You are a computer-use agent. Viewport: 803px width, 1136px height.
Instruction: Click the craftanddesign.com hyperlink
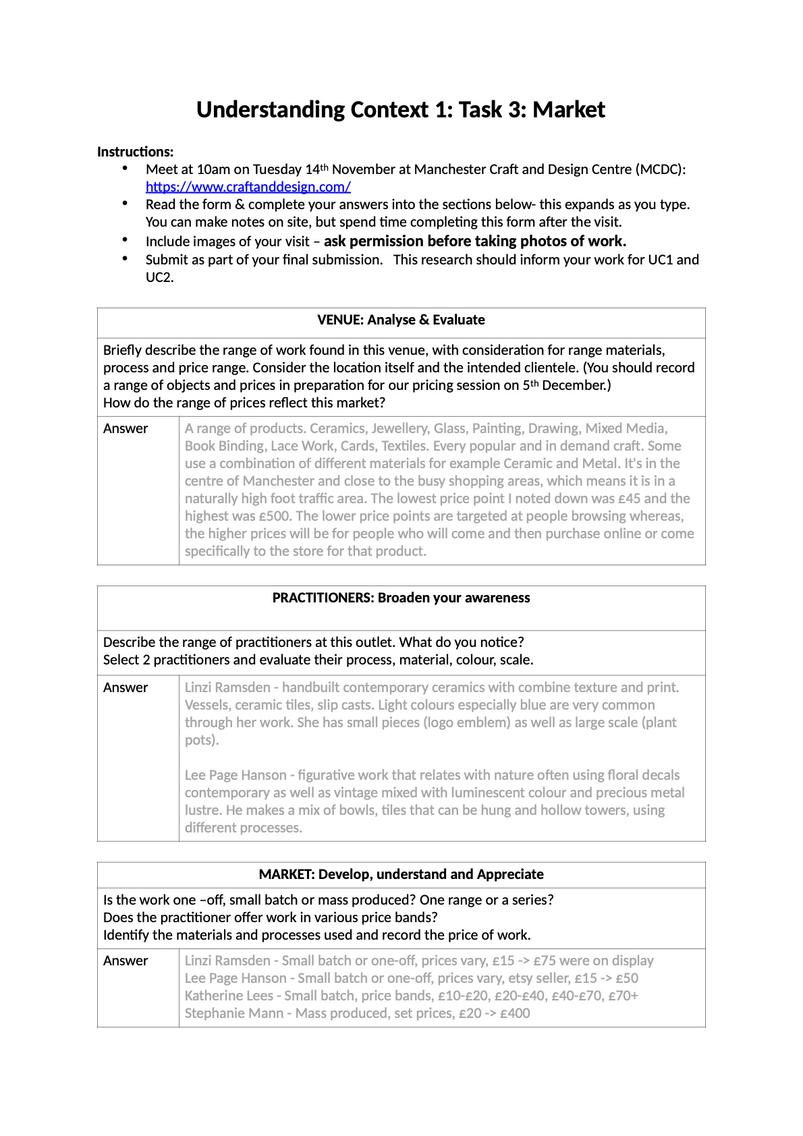point(248,187)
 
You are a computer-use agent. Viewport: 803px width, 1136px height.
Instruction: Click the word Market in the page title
point(568,109)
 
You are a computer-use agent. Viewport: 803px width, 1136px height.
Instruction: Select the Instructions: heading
point(135,152)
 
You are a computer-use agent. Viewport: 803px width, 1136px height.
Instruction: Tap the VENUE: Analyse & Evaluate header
point(401,320)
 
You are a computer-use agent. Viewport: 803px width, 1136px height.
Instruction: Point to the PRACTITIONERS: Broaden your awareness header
point(401,598)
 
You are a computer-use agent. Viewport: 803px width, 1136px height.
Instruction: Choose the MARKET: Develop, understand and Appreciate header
point(401,874)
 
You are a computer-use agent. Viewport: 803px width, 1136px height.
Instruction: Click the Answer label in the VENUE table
point(126,428)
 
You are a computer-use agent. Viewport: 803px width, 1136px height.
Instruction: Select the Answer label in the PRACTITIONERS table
point(126,687)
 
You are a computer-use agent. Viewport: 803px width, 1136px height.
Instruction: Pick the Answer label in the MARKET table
point(126,961)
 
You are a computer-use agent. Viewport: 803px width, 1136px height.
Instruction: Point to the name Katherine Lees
point(229,996)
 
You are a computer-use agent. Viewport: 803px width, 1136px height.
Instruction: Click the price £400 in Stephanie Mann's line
point(515,1013)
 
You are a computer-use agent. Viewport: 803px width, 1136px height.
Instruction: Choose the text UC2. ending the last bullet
point(159,277)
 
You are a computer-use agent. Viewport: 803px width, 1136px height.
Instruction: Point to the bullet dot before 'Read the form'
point(125,203)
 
